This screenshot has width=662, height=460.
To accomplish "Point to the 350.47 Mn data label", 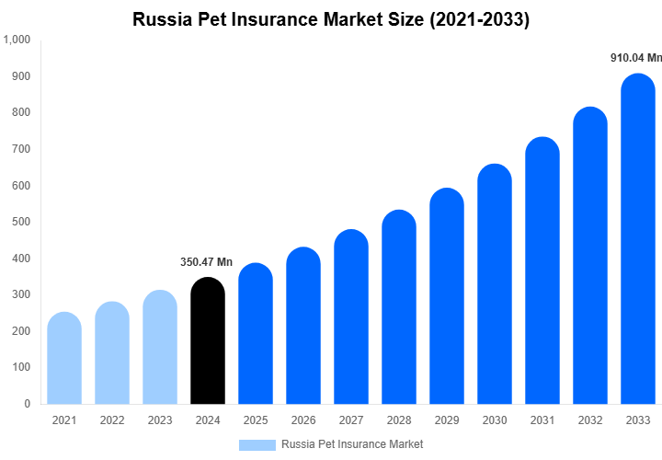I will [x=207, y=262].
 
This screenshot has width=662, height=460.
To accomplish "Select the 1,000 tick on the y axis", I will [x=17, y=40].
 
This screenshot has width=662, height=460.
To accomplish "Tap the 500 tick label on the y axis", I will [x=20, y=222].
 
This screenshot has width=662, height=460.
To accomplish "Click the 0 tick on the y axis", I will [x=26, y=403].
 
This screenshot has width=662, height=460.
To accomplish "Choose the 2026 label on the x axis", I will [x=302, y=420].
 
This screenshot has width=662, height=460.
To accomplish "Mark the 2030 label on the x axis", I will [x=494, y=420].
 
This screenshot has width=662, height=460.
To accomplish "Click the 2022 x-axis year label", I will [x=112, y=420].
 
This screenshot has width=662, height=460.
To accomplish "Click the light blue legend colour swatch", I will [x=257, y=444].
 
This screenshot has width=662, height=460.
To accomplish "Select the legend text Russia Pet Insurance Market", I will [x=352, y=444].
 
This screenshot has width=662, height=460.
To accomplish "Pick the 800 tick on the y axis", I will [x=20, y=112].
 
